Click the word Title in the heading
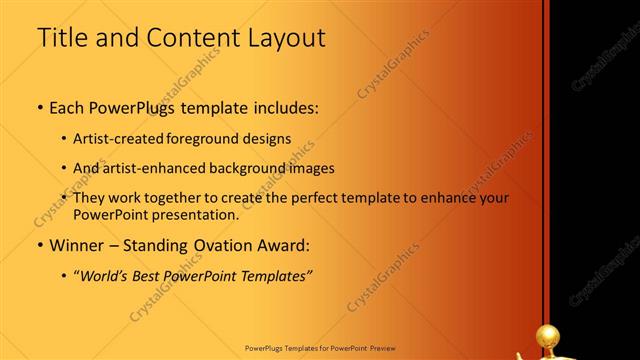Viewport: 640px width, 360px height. coord(61,40)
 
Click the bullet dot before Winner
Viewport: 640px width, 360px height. coord(39,245)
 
